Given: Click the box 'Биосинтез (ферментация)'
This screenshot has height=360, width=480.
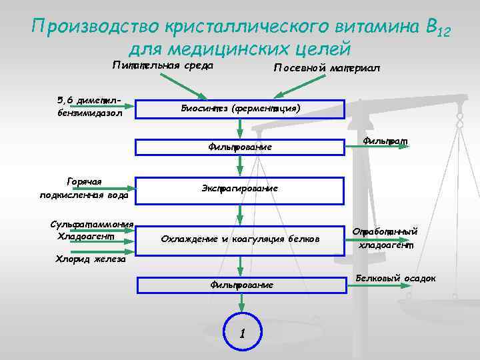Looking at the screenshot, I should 240,109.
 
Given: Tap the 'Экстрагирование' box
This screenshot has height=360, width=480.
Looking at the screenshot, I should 240,189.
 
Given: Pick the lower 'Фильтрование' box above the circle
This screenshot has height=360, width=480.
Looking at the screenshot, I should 241,285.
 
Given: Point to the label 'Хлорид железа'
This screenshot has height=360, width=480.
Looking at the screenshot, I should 89,259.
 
